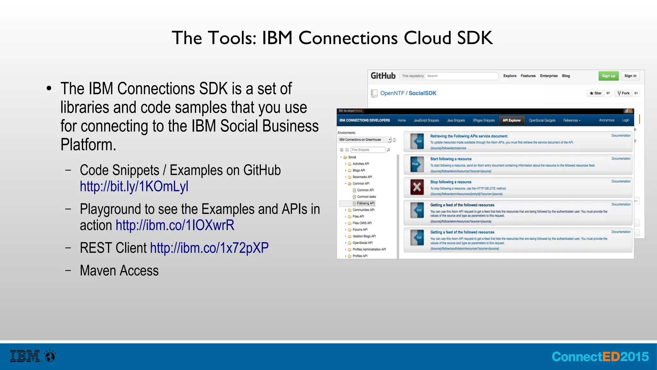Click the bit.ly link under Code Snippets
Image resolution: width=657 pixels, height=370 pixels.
(x=134, y=187)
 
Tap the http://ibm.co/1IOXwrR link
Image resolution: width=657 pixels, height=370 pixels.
(x=175, y=225)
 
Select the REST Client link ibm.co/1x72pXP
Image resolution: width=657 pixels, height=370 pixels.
(x=209, y=248)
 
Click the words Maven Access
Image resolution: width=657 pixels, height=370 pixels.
(x=119, y=271)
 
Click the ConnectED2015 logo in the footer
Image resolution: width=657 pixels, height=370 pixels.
(x=600, y=357)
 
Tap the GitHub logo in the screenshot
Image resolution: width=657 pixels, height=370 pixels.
(x=383, y=76)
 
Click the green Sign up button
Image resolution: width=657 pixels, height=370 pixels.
(x=608, y=76)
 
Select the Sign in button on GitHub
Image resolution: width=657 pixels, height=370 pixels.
(x=630, y=76)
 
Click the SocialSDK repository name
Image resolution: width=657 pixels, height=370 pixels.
(x=422, y=93)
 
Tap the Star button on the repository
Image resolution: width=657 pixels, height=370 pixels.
(x=595, y=93)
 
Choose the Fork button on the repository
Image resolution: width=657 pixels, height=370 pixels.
(x=623, y=93)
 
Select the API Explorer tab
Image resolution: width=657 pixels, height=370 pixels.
(x=511, y=120)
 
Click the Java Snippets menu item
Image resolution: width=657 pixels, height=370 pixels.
(x=456, y=120)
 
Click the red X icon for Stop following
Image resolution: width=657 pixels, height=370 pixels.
(x=417, y=187)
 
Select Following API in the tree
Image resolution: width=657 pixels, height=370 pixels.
(x=365, y=203)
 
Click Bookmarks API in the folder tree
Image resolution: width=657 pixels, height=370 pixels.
(x=362, y=177)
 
